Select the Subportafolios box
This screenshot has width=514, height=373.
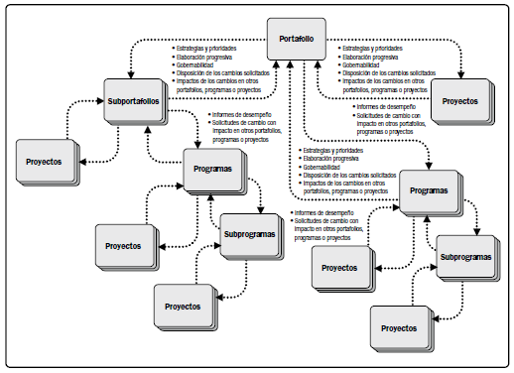(137, 102)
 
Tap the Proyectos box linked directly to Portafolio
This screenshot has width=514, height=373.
(459, 102)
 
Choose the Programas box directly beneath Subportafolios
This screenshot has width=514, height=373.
(213, 170)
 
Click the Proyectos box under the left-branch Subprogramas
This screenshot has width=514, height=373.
(184, 306)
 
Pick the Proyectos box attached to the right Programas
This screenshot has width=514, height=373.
(340, 267)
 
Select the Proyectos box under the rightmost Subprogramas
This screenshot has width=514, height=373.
(399, 326)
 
